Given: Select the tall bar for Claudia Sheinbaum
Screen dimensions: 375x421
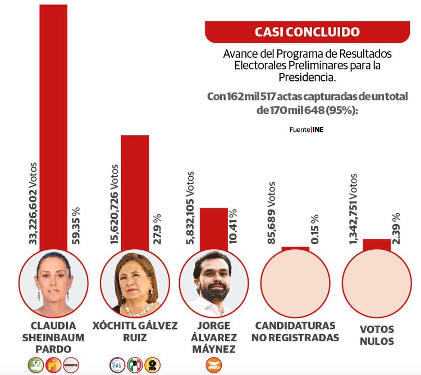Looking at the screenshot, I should click(x=53, y=124).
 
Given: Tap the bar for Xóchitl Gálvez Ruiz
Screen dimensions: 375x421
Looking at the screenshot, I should click(x=135, y=191).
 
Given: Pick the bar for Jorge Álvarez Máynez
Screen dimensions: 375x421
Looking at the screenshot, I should click(x=214, y=227).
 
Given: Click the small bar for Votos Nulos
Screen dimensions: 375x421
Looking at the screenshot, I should click(x=377, y=245).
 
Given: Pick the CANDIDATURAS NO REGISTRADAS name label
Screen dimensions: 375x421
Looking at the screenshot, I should click(x=295, y=332).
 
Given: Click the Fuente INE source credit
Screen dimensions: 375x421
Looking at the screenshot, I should click(x=306, y=130).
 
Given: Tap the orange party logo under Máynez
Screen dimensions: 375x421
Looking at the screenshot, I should click(x=213, y=364).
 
